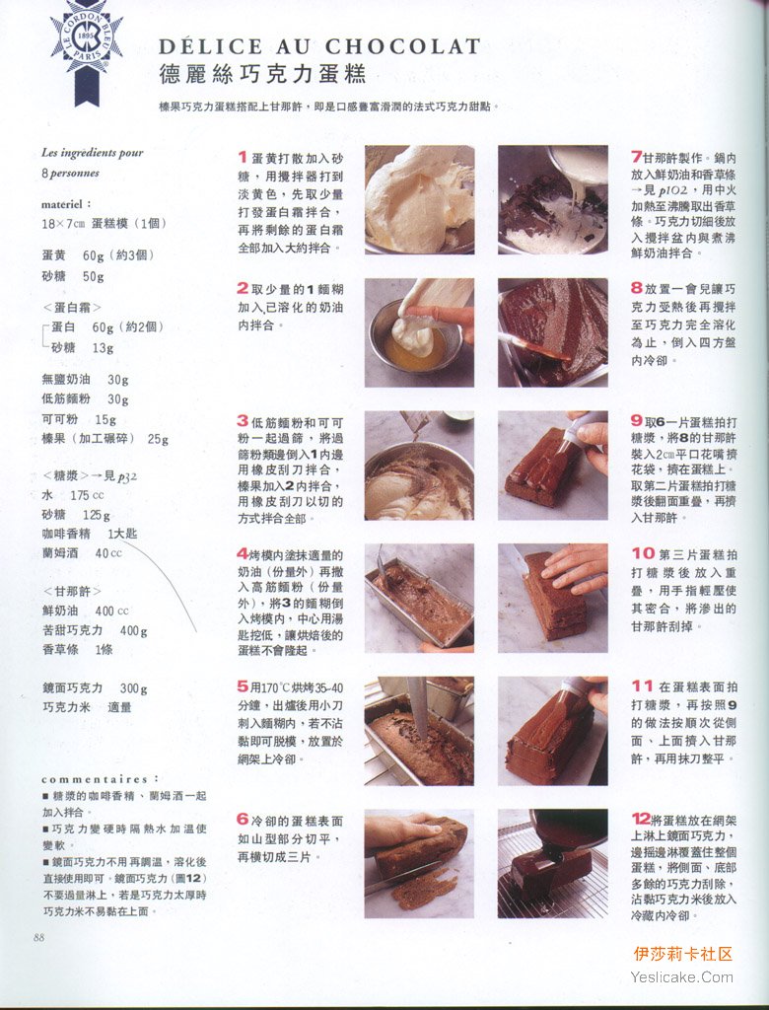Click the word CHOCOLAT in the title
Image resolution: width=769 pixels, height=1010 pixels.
[x=402, y=46]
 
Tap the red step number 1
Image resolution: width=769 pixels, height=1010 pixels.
[x=243, y=157]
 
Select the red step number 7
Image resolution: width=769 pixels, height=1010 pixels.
[x=636, y=157]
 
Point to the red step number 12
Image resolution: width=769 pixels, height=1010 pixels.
[x=641, y=819]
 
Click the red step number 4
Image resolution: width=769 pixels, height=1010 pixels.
[x=243, y=553]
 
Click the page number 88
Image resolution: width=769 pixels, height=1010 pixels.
[x=39, y=937]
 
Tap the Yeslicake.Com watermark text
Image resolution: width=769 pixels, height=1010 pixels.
[x=682, y=977]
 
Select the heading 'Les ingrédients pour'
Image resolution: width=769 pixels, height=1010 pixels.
[x=92, y=153]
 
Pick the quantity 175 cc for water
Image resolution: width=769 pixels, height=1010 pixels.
[x=87, y=495]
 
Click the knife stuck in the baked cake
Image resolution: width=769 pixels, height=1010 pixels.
[x=417, y=707]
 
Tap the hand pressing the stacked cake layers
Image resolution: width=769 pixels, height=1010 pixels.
[x=575, y=567]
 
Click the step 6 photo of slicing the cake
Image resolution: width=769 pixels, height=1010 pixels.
[x=419, y=863]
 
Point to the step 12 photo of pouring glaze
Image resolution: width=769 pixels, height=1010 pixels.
[x=553, y=863]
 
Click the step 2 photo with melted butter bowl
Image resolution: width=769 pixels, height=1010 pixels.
[x=419, y=332]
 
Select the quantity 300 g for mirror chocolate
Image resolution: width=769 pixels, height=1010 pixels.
[x=133, y=688]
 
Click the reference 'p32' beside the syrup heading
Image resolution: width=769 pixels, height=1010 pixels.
[x=127, y=476]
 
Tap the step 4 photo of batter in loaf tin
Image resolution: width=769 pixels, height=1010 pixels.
[x=419, y=598]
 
